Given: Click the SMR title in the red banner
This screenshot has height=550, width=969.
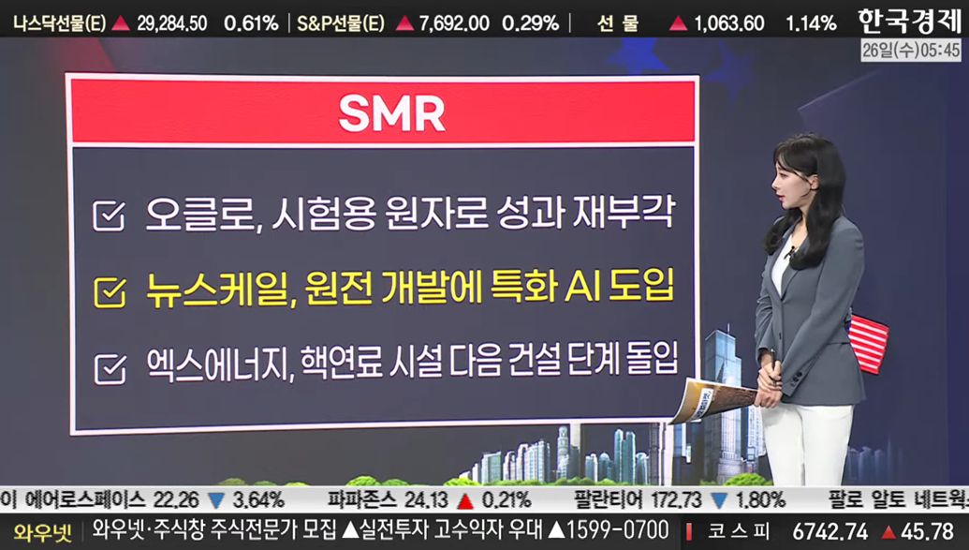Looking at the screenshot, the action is click(x=391, y=113).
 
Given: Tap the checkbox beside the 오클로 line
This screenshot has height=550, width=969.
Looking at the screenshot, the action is click(x=109, y=216).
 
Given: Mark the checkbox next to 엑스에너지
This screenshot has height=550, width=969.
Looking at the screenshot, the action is click(x=110, y=369).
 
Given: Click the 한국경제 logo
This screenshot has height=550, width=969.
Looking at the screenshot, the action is click(x=910, y=21).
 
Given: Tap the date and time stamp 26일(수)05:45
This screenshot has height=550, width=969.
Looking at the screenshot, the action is click(x=911, y=50).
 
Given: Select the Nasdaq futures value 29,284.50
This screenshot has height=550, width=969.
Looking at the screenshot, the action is click(x=172, y=24).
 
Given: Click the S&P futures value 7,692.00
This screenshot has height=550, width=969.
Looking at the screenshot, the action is click(x=453, y=24).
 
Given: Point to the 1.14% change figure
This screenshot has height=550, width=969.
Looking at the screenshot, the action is click(x=811, y=24).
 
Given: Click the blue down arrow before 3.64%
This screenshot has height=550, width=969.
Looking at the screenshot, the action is click(x=216, y=499).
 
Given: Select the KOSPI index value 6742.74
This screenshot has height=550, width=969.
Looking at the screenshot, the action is click(x=830, y=531).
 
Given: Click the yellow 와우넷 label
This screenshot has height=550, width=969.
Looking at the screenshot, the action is click(x=43, y=532).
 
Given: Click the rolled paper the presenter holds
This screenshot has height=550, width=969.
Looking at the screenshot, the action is click(x=713, y=399).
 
